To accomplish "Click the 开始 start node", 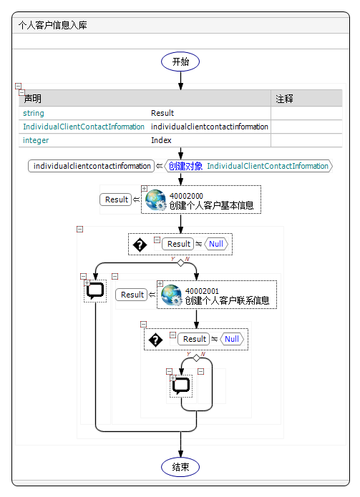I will (x=180, y=61).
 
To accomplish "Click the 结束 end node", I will (x=180, y=467).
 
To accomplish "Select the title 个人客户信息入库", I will (x=49, y=25).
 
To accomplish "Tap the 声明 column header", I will (x=33, y=99).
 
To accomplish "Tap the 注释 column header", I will (x=285, y=99).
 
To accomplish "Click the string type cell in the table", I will (x=34, y=113).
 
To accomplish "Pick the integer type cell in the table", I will (x=36, y=140).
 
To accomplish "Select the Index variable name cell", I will (x=161, y=140).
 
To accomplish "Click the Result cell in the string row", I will (x=162, y=113).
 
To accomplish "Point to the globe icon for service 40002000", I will (x=155, y=200).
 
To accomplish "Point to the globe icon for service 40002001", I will (x=171, y=295).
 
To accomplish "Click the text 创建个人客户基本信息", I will (x=211, y=206).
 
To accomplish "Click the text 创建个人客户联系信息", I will (x=227, y=300).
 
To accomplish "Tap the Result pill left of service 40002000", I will (x=117, y=200).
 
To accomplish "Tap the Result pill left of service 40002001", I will (x=132, y=295).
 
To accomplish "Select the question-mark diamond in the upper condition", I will (x=140, y=244).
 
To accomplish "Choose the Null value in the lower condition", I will (x=232, y=339).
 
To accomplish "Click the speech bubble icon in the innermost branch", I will (x=181, y=385).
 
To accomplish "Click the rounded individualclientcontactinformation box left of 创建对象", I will (x=92, y=166).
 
